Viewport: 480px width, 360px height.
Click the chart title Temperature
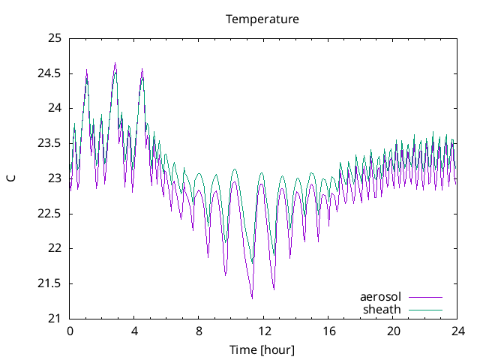point(262,19)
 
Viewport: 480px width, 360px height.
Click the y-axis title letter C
point(10,178)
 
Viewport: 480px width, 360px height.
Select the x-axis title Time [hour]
point(262,349)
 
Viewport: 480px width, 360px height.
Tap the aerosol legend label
point(380,297)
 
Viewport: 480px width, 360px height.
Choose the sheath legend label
point(382,309)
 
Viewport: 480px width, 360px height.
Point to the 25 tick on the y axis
point(55,38)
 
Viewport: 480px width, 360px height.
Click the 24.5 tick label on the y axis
point(50,73)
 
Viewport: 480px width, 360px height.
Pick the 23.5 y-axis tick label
point(50,143)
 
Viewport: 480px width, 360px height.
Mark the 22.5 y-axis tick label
point(50,214)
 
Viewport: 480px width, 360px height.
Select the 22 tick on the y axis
point(55,248)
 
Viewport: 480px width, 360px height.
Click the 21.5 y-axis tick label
point(50,283)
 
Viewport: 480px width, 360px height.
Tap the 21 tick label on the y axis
point(55,319)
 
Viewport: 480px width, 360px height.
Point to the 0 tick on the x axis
point(70,331)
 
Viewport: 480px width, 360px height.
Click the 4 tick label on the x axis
point(134,331)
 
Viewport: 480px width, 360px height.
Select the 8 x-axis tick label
point(199,331)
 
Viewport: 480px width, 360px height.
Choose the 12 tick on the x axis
point(264,331)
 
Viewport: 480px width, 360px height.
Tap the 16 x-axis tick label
point(328,331)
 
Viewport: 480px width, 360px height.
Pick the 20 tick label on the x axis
point(393,331)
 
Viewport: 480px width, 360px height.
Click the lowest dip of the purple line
point(252,298)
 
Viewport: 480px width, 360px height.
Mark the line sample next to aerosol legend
point(425,298)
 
